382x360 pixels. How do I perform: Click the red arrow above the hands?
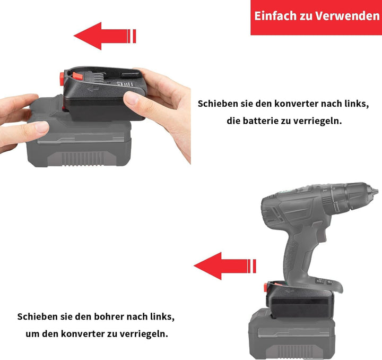click(105, 36)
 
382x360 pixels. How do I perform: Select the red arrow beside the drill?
click(225, 266)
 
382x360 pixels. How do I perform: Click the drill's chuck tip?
click(375, 190)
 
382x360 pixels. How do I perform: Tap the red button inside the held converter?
click(77, 76)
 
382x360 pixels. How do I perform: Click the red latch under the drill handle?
click(265, 288)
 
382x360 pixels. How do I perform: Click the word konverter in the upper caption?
click(296, 104)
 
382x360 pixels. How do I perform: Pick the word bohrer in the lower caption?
click(109, 316)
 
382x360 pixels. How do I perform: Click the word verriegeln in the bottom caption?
click(142, 333)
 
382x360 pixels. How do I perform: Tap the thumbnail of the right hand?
click(132, 98)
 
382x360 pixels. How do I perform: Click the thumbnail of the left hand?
click(41, 127)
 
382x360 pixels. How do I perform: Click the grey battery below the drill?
click(292, 334)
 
